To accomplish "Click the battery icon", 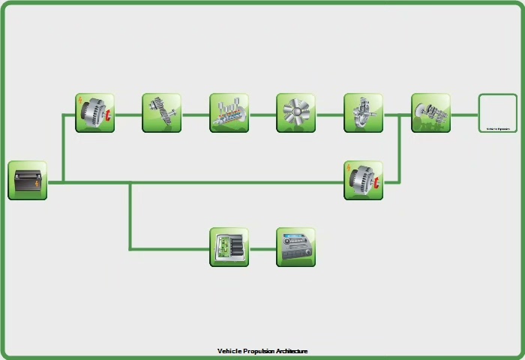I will [28, 181].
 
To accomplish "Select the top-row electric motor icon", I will [94, 113].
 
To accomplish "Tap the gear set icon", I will [162, 113].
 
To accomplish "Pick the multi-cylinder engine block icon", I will [229, 113].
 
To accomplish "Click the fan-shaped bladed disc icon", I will [295, 113].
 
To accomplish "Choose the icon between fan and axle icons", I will [363, 113].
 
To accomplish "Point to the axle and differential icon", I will [430, 113].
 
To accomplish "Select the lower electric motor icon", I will [363, 181].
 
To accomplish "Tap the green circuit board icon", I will [229, 247].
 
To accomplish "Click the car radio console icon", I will [295, 247].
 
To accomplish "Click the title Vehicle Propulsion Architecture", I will [262, 351].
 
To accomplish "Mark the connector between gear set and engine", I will [195, 115].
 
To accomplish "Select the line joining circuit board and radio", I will [262, 249].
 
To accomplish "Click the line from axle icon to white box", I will [464, 115].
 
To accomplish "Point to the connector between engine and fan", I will [262, 115].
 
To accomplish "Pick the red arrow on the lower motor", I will [377, 182].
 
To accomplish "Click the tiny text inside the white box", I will [498, 129].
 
